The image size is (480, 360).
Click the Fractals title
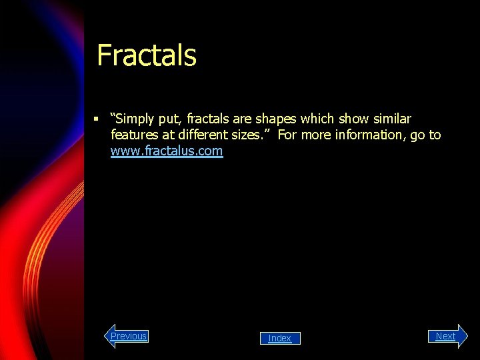tap(147, 55)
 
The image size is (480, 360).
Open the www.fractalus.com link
tap(167, 151)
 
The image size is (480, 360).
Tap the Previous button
tap(128, 336)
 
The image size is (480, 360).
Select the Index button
tap(280, 339)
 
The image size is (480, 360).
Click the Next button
tap(445, 336)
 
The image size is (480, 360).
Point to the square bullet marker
tap(97, 119)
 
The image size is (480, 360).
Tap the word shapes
tap(277, 119)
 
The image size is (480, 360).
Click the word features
tap(134, 135)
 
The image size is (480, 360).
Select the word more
tap(317, 135)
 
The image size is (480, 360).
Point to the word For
tap(288, 135)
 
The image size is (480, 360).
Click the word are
tap(243, 119)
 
